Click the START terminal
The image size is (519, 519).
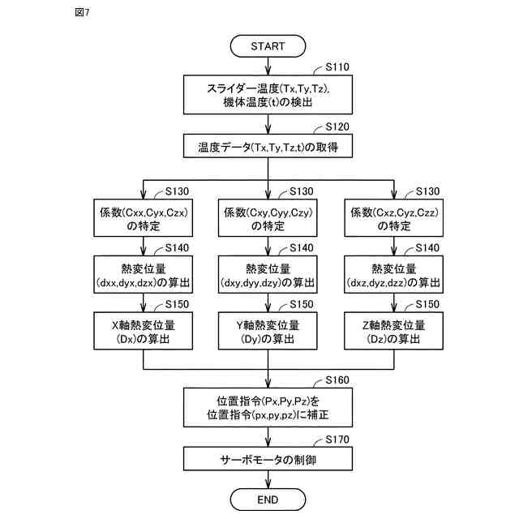click(x=268, y=46)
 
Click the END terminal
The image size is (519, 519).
click(x=268, y=499)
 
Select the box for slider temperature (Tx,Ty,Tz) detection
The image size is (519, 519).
click(x=268, y=96)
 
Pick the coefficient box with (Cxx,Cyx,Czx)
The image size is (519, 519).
click(x=144, y=219)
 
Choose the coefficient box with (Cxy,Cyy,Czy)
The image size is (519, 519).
click(x=268, y=219)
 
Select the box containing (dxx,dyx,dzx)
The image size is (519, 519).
click(x=144, y=276)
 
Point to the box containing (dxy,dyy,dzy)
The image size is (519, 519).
click(x=268, y=276)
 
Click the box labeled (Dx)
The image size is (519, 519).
click(x=144, y=332)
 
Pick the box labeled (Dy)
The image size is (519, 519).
click(x=268, y=332)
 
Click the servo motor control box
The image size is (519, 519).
click(x=268, y=459)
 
